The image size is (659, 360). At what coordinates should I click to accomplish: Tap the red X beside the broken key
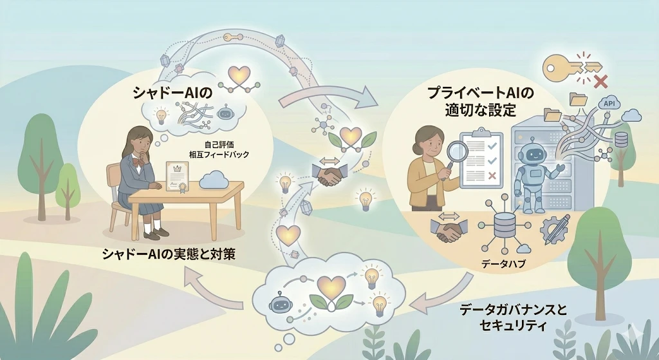click(601, 81)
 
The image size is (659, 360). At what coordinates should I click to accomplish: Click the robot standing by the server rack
click(535, 172)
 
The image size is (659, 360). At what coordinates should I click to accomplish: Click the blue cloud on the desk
click(214, 180)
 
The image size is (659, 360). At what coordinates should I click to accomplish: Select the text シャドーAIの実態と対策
click(169, 254)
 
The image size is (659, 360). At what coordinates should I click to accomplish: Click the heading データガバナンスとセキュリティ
click(513, 317)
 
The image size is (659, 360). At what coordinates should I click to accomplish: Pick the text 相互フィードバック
click(219, 155)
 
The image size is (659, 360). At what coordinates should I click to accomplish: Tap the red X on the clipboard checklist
click(491, 175)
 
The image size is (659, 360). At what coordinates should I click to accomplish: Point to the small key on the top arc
click(233, 37)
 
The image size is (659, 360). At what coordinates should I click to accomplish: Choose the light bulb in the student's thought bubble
click(161, 115)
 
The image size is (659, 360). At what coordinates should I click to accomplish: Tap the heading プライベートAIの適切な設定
click(480, 101)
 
